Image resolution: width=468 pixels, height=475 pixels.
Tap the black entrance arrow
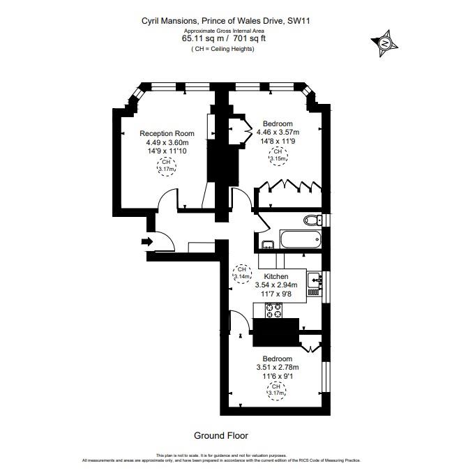coord(146,241)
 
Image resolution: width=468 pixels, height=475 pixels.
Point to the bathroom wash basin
coord(268,243)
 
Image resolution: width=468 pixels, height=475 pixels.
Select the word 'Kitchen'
coord(275,276)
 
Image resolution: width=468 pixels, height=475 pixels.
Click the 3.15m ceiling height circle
coord(278,155)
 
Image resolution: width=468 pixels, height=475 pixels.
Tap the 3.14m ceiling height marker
coord(242,273)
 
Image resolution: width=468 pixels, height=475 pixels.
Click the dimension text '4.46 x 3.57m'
coord(278,133)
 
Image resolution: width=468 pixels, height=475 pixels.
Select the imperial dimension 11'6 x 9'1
coord(276,377)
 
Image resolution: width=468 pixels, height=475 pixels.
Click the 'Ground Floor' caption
coord(220,435)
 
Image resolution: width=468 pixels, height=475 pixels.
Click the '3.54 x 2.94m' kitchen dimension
coord(275,285)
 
